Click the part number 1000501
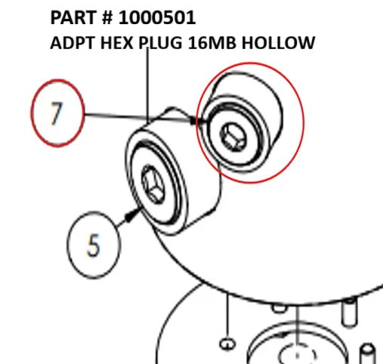157,18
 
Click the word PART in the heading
74,18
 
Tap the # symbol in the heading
108,18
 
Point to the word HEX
117,43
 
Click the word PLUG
160,43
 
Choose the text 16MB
212,43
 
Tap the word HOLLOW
278,43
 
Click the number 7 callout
57,113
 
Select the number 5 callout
94,245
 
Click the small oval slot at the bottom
228,344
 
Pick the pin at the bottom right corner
369,354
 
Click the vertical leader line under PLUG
147,85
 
